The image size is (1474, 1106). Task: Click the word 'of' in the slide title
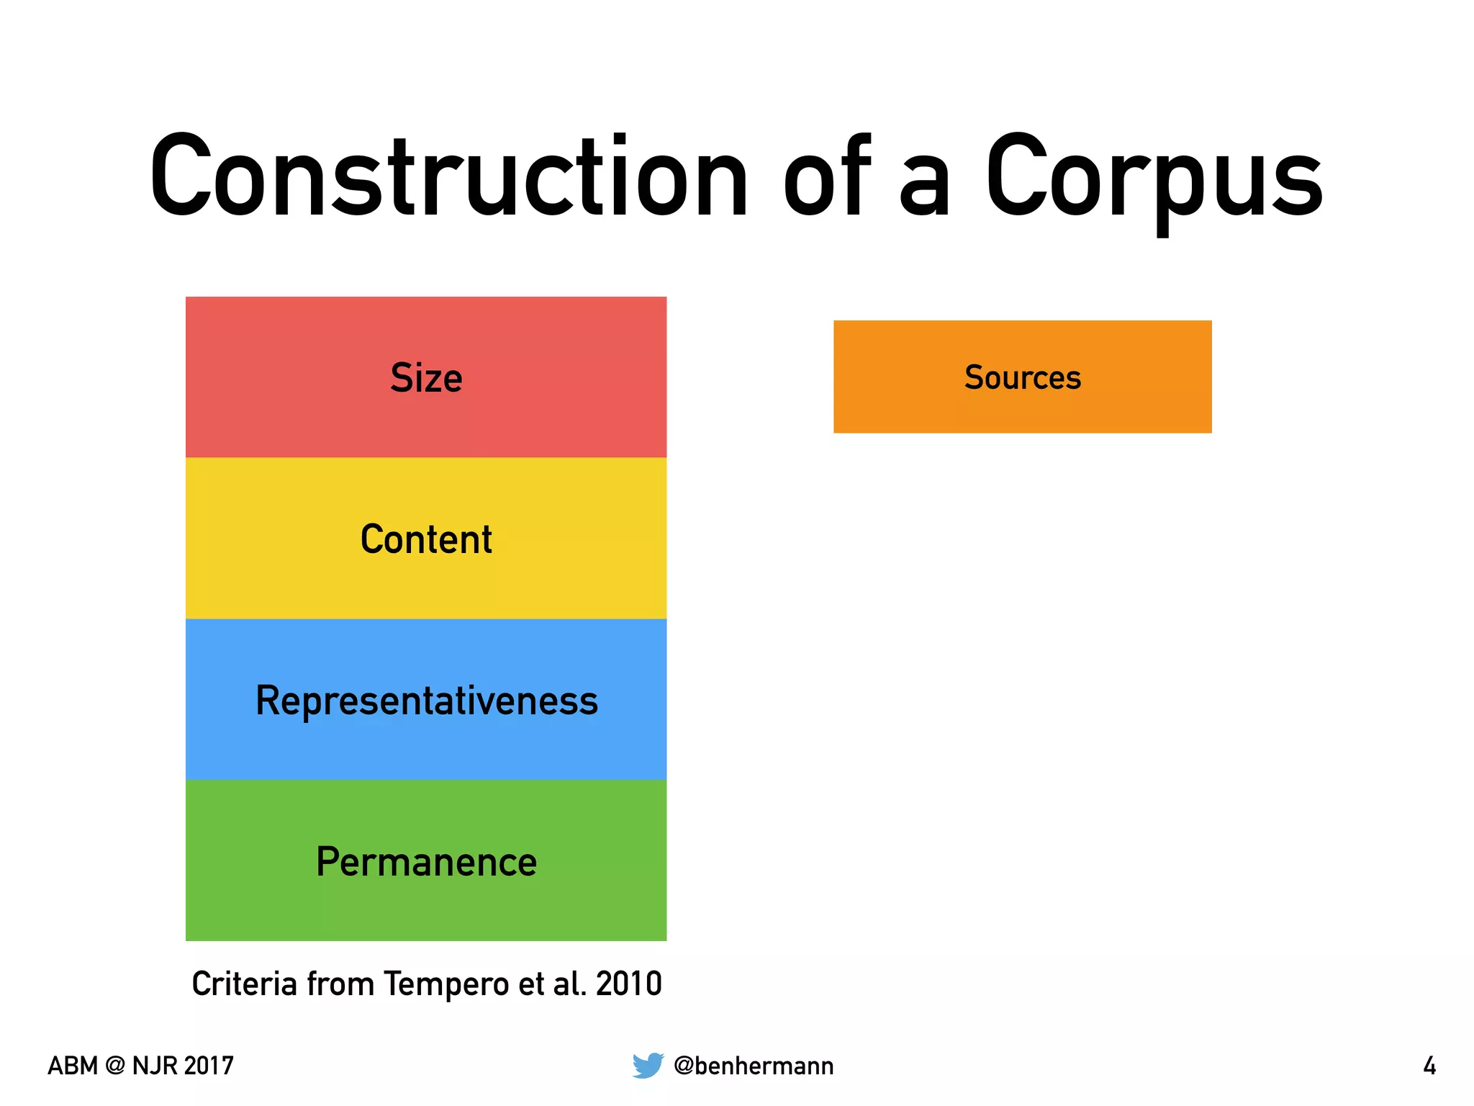click(x=828, y=176)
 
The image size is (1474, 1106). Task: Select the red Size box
click(x=426, y=377)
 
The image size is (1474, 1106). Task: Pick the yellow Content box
click(x=426, y=539)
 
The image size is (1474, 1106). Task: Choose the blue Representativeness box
click(x=426, y=700)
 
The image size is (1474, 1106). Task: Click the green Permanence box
click(x=426, y=861)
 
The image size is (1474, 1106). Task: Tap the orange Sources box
click(x=1022, y=377)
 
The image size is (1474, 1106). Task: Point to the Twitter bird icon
click(x=648, y=1065)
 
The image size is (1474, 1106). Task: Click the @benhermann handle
click(x=754, y=1066)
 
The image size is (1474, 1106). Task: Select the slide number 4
click(x=1429, y=1066)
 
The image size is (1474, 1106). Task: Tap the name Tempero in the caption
click(x=446, y=984)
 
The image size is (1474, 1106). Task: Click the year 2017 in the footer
click(x=208, y=1066)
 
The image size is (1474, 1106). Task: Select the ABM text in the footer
click(x=72, y=1066)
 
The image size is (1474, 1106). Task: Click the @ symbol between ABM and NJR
click(x=114, y=1066)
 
